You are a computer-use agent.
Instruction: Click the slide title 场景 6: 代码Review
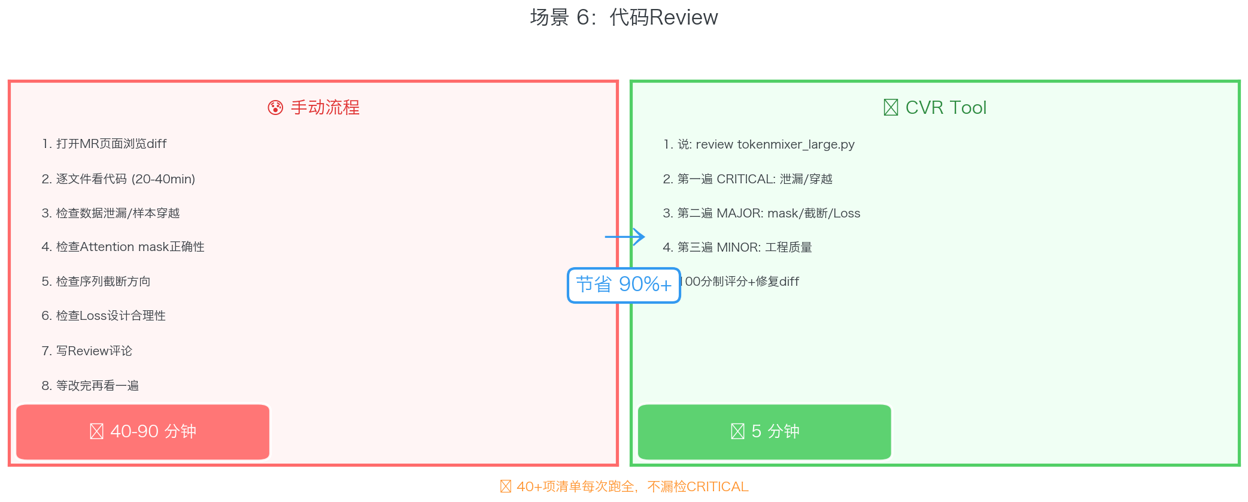(624, 17)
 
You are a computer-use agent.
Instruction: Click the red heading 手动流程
(325, 108)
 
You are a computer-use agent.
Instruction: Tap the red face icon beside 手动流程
(275, 108)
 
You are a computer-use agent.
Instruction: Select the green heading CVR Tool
(946, 108)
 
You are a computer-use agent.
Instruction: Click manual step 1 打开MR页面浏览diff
(104, 144)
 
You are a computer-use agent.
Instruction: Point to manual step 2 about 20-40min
(119, 179)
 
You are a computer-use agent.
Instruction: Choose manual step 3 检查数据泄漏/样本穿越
(111, 213)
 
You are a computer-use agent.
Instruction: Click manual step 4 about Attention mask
(123, 247)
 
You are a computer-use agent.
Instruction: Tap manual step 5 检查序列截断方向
(96, 282)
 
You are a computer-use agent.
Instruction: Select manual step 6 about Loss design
(104, 316)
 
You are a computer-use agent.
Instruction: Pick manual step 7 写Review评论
(87, 351)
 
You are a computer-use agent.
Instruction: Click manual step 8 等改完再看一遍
(90, 386)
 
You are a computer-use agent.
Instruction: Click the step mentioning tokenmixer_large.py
(759, 144)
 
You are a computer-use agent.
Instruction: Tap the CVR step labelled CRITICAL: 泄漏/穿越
(748, 179)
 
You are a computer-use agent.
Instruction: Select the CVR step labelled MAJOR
(761, 213)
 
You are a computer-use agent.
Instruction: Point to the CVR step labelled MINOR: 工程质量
(737, 247)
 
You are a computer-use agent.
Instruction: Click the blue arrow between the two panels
(625, 237)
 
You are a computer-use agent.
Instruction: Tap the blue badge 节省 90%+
(624, 285)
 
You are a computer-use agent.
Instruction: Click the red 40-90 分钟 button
(143, 431)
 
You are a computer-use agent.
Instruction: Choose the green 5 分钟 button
(764, 431)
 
